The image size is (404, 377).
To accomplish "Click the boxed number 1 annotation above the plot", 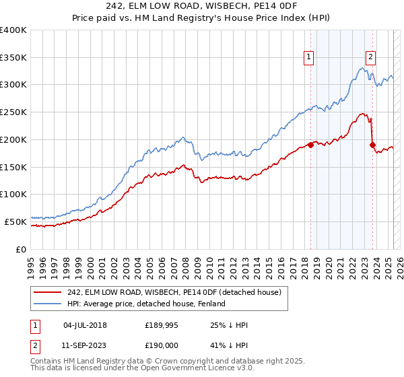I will pyautogui.click(x=309, y=57).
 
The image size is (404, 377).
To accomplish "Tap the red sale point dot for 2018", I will pyautogui.click(x=310, y=144).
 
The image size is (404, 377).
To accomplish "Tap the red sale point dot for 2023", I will pyautogui.click(x=372, y=144).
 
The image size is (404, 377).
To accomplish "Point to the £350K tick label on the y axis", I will pyautogui.click(x=13, y=57).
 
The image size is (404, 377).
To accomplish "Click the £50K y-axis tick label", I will pyautogui.click(x=15, y=221).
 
